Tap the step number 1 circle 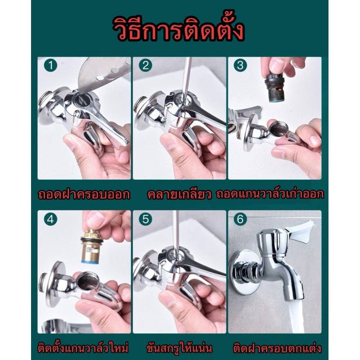50,66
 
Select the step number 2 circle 145,66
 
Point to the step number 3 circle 240,66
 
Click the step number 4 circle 50,220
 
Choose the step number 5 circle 145,220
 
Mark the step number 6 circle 240,220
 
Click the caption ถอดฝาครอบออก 84,194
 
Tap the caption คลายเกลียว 179,194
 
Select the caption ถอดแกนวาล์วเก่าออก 270,194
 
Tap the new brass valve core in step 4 91,247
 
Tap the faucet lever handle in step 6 298,231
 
